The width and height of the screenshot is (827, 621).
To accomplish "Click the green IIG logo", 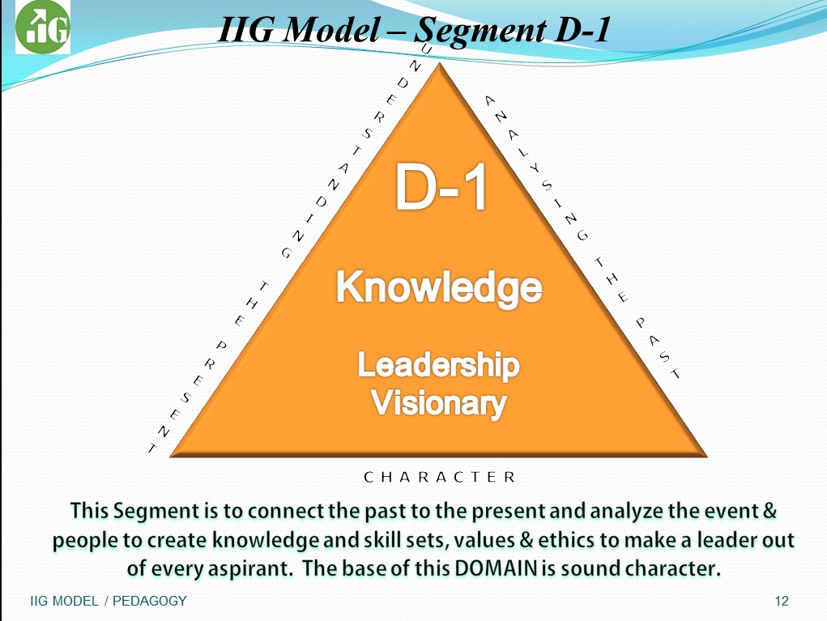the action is tap(43, 27).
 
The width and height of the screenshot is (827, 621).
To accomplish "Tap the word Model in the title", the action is tap(332, 29).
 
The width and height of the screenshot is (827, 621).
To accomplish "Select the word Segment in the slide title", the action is tap(480, 31).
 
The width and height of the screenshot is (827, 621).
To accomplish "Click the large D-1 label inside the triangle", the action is tap(441, 187).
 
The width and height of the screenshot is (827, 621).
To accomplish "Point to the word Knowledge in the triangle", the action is tap(439, 288).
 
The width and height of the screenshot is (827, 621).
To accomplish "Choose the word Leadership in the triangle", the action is tap(439, 366).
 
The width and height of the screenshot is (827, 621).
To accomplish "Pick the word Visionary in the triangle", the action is tap(439, 402).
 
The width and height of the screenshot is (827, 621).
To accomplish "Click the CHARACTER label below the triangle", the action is tap(439, 477).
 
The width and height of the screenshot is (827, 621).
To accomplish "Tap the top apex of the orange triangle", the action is tap(439, 63).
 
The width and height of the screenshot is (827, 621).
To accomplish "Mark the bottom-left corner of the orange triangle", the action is tap(170, 457).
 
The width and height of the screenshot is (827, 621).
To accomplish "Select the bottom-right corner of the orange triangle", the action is tap(707, 457).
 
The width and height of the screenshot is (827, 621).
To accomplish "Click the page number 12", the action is tap(782, 601).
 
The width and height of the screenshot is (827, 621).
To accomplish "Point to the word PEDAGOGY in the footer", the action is tap(150, 601).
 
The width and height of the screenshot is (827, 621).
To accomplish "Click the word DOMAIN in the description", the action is tap(496, 568).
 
